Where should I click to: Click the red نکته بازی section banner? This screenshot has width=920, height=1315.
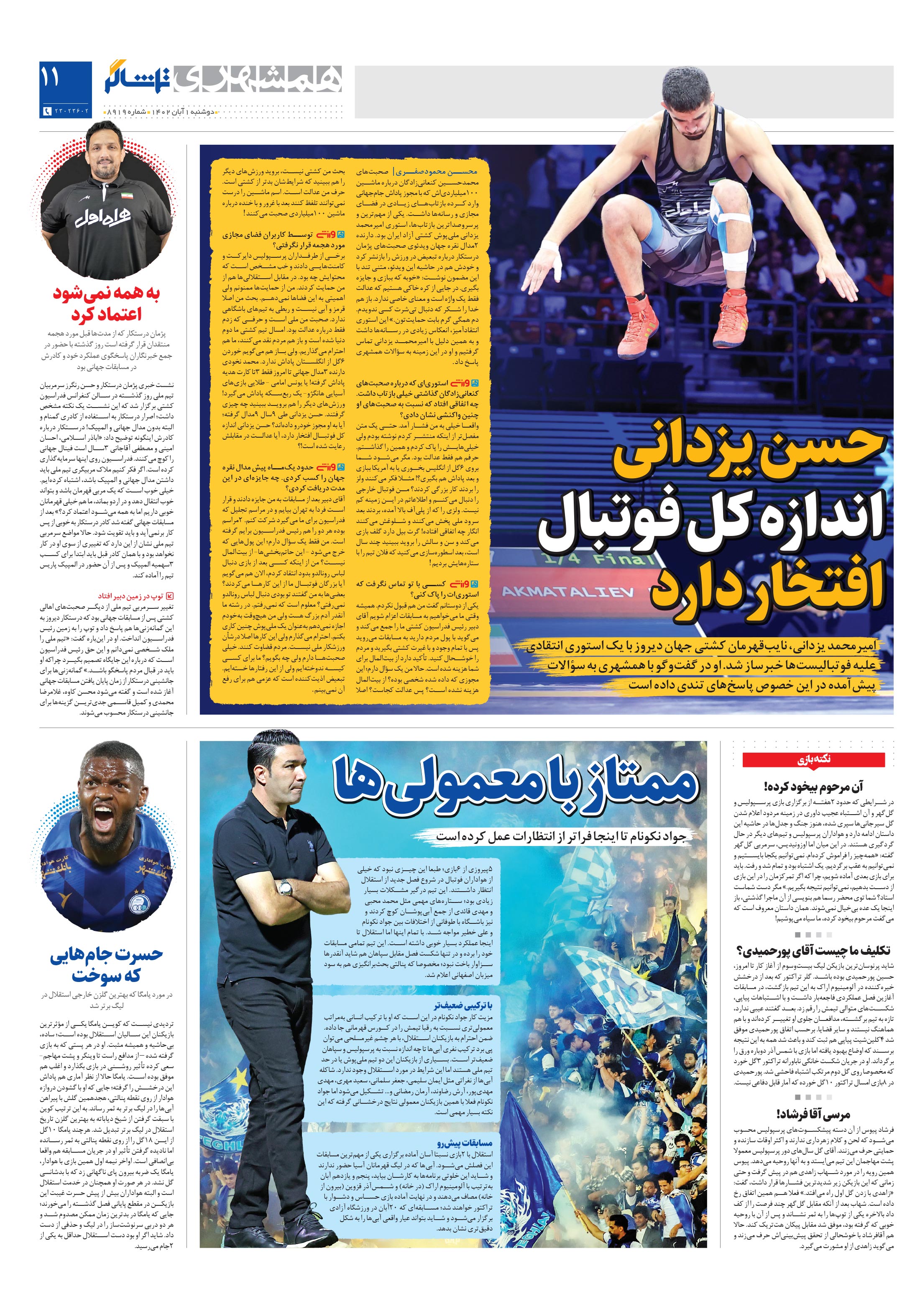pyautogui.click(x=813, y=760)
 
